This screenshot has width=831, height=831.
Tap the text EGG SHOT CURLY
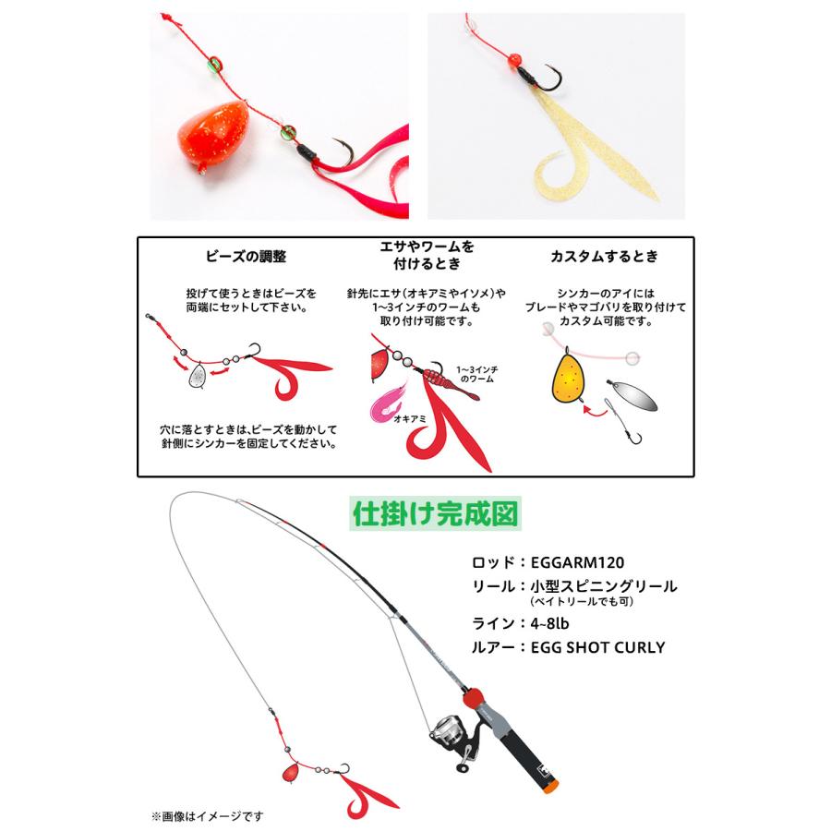pyautogui.click(x=598, y=647)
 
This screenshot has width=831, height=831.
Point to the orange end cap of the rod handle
pyautogui.click(x=550, y=789)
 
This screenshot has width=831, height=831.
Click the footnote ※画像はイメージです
pyautogui.click(x=208, y=815)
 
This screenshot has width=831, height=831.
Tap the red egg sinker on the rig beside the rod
pyautogui.click(x=289, y=770)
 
